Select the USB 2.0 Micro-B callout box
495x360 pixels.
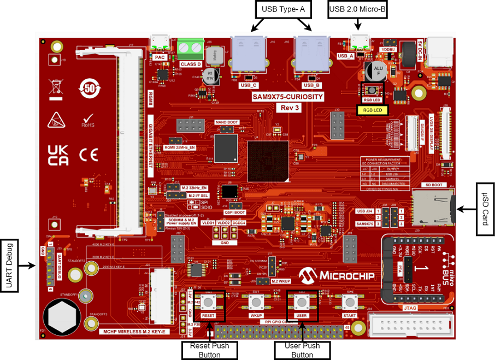click(x=357, y=10)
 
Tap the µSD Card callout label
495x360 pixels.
click(x=484, y=209)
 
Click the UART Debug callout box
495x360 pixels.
click(x=10, y=265)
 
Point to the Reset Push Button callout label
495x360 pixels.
click(x=210, y=350)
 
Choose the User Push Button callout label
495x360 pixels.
click(x=302, y=350)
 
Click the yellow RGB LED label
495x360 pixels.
click(x=373, y=110)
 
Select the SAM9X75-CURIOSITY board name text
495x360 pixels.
click(x=287, y=97)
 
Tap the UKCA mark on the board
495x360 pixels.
click(x=58, y=155)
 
